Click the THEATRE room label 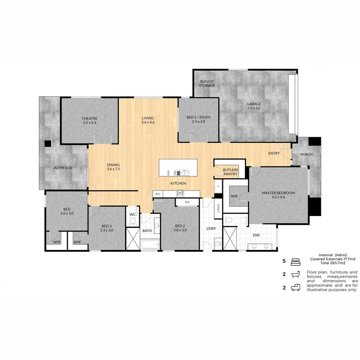pyautogui.click(x=89, y=118)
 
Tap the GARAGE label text pyautogui.click(x=254, y=104)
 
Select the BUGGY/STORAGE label pyautogui.click(x=207, y=83)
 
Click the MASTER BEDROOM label pyautogui.click(x=278, y=193)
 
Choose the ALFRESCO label pyautogui.click(x=63, y=168)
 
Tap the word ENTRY pyautogui.click(x=274, y=153)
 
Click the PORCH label pyautogui.click(x=306, y=154)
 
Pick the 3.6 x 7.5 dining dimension pyautogui.click(x=113, y=169)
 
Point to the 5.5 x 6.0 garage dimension pyautogui.click(x=254, y=108)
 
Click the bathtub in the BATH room pyautogui.click(x=150, y=245)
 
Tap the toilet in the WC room pyautogui.click(x=133, y=221)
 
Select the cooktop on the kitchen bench pyautogui.click(x=180, y=193)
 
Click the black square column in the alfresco pyautogui.click(x=48, y=144)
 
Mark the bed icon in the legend pyautogui.click(x=296, y=262)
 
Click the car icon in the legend pyautogui.click(x=296, y=288)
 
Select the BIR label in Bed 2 pyautogui.click(x=187, y=202)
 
